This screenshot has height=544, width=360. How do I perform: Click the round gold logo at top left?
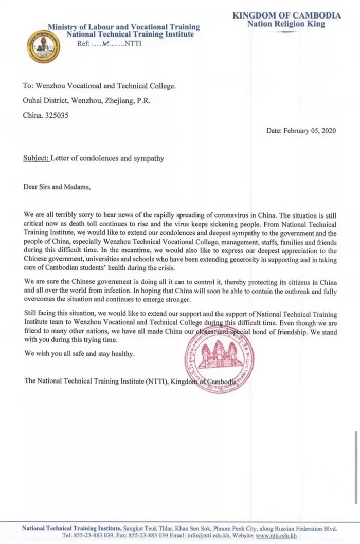point(43,46)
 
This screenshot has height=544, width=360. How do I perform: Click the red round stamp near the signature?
point(219,359)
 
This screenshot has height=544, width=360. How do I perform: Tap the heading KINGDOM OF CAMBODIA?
point(286,15)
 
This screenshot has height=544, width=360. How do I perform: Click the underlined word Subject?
point(36,158)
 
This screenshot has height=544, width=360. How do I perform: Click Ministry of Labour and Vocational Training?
point(124,27)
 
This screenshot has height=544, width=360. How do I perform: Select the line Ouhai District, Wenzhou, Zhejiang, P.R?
point(86,101)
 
